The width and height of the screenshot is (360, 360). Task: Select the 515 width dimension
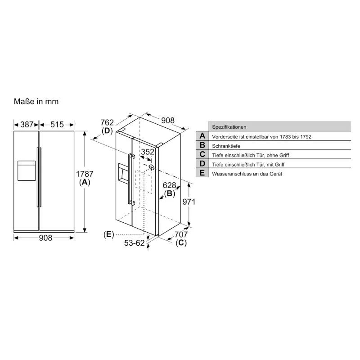(57, 124)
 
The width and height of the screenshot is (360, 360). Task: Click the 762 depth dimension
(107, 122)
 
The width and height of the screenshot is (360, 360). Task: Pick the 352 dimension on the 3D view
(148, 152)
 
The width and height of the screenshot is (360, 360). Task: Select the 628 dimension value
(169, 185)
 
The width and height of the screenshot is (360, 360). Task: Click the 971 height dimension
(188, 202)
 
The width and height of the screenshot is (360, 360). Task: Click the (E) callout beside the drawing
(108, 234)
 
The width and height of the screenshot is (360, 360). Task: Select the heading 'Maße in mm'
(36, 102)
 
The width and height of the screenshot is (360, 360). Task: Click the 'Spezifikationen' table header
(229, 127)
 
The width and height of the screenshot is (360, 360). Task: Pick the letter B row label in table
(202, 145)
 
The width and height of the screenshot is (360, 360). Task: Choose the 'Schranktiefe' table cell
(226, 146)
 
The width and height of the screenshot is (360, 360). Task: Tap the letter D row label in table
(202, 164)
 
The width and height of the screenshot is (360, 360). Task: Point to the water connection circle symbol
(152, 167)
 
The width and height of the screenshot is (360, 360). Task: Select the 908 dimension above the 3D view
(167, 121)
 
